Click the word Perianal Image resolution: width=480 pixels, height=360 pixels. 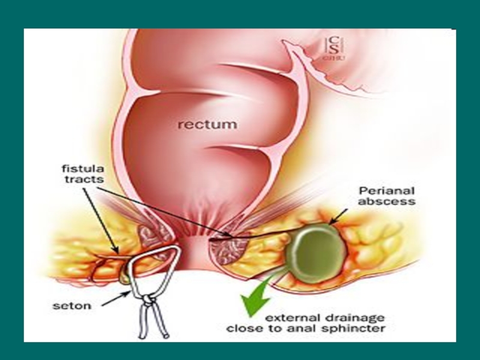[380, 190]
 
